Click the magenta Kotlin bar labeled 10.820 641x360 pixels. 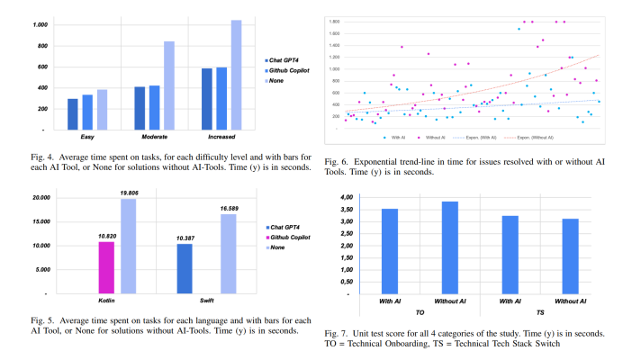click(106, 267)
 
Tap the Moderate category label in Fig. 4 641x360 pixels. click(155, 136)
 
